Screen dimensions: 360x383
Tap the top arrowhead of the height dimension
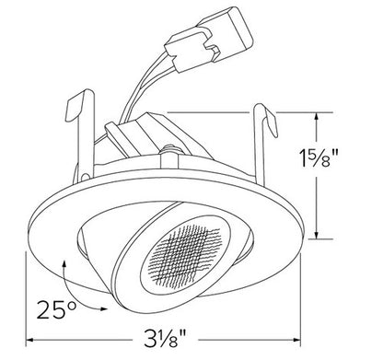coord(319,115)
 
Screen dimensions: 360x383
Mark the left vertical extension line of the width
coord(25,295)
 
